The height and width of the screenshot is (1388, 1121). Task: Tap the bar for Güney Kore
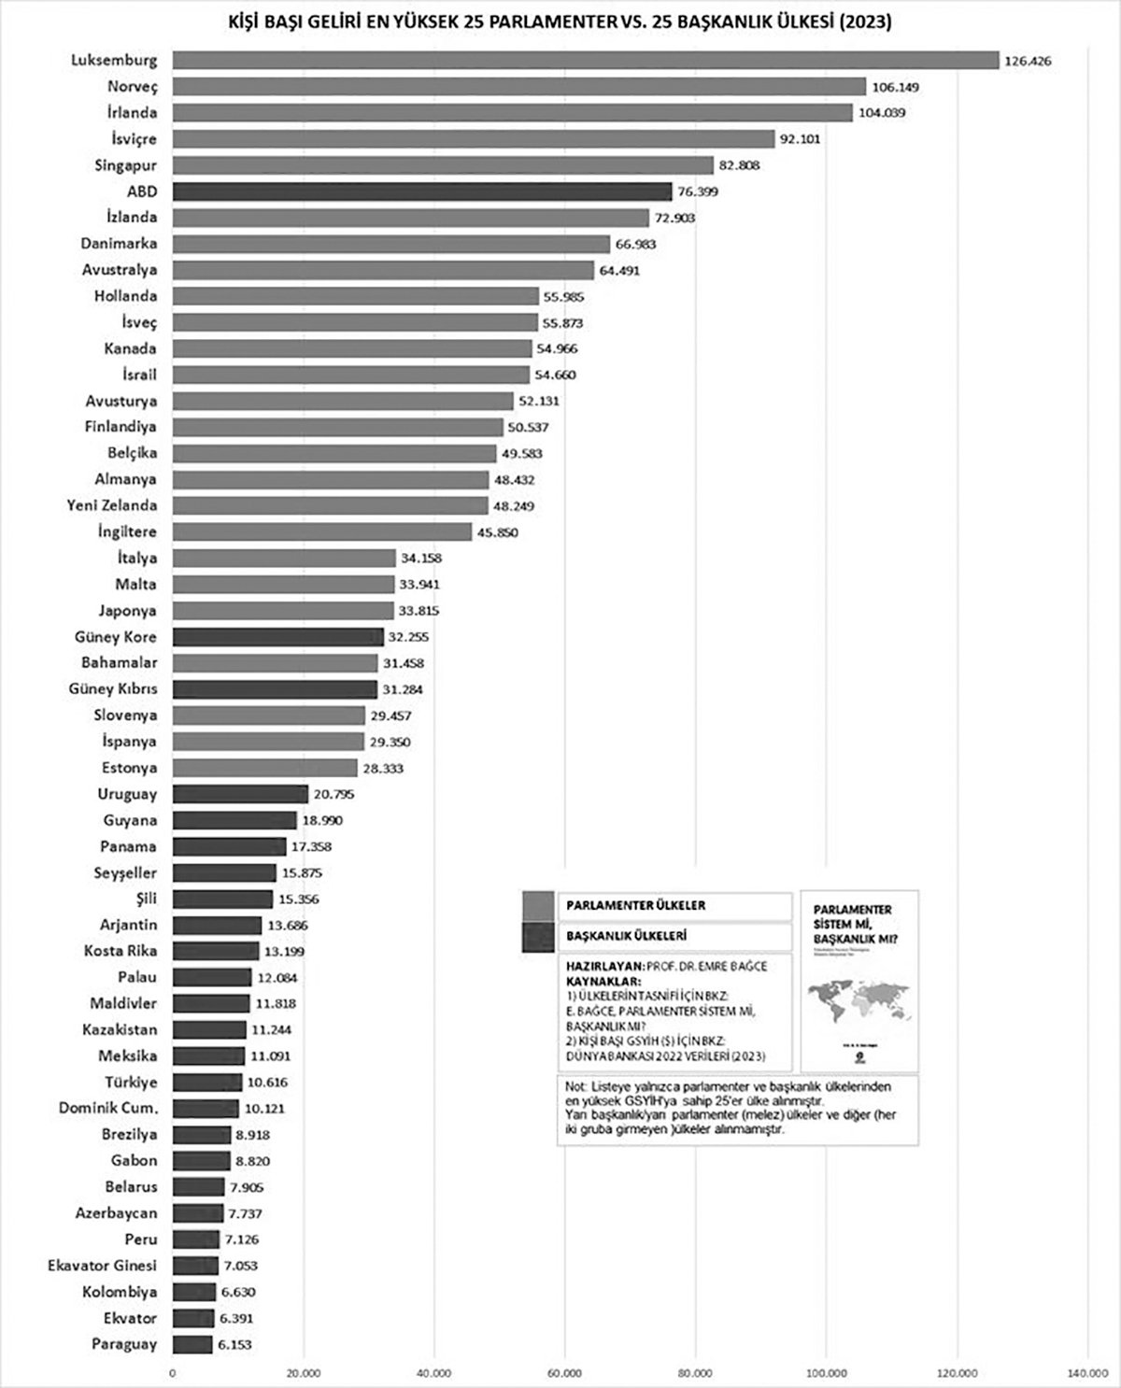click(x=278, y=637)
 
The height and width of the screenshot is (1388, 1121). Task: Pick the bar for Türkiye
click(x=207, y=1083)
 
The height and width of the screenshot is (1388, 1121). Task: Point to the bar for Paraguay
click(x=192, y=1344)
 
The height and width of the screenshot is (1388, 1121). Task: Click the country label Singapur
click(x=125, y=165)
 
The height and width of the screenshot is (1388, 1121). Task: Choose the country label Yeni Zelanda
click(x=112, y=505)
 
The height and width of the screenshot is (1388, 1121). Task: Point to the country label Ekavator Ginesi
click(x=102, y=1266)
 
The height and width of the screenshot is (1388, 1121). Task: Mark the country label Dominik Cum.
click(x=107, y=1109)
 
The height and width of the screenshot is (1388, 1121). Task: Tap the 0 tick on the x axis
click(x=173, y=1372)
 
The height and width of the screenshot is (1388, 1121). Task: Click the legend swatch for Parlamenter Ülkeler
click(x=537, y=906)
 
